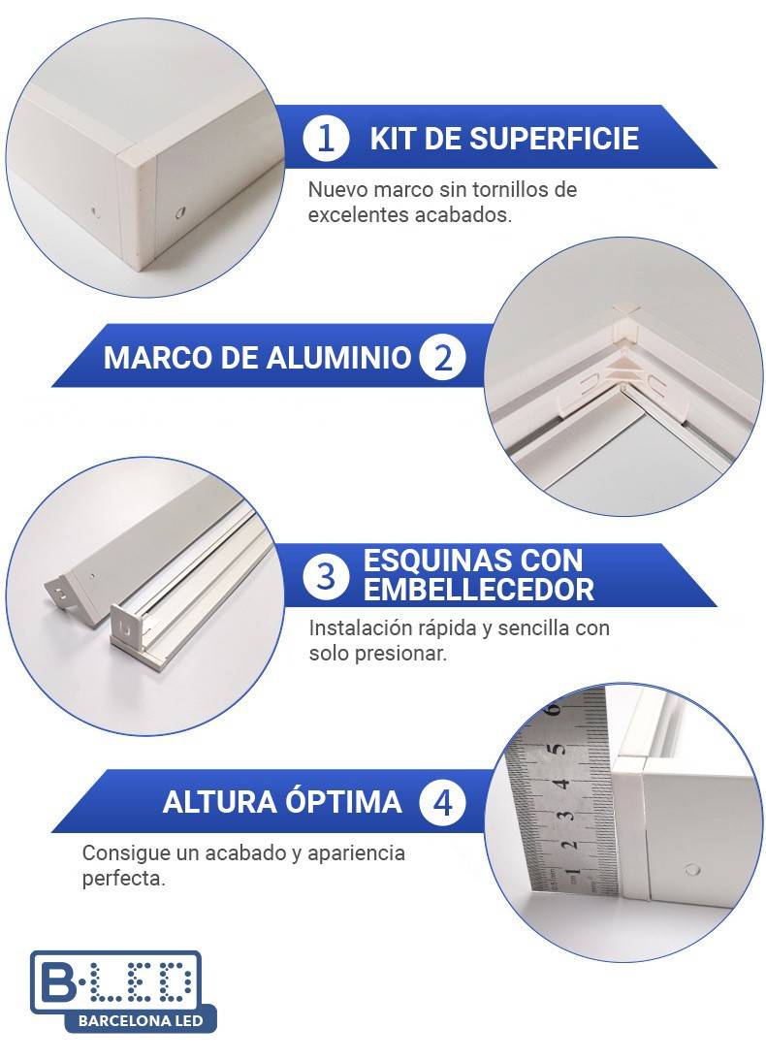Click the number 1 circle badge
click(327, 138)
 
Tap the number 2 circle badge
click(442, 357)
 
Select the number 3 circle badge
click(327, 576)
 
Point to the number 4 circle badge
click(442, 802)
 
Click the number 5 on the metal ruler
click(556, 750)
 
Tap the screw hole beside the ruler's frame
click(691, 870)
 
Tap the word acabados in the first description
click(465, 214)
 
